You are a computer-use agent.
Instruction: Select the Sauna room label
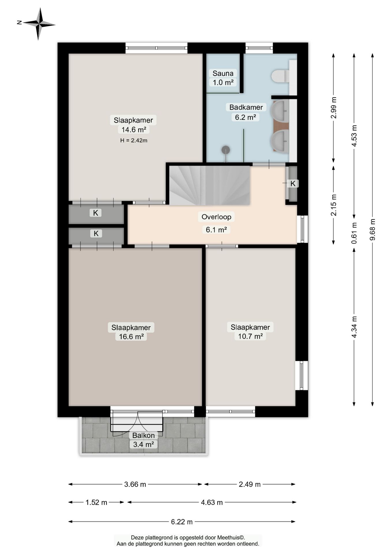point(223,73)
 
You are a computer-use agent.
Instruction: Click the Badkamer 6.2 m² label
point(246,112)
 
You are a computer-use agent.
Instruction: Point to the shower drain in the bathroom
point(225,150)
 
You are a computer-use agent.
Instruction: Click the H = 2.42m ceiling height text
point(134,141)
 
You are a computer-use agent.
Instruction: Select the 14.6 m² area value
point(134,130)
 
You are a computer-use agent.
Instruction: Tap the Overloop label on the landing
point(216,217)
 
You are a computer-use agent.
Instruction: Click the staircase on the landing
point(209,185)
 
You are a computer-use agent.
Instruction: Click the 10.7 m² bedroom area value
point(250,336)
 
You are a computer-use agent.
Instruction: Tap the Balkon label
point(143,435)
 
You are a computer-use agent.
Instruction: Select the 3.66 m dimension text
point(135,484)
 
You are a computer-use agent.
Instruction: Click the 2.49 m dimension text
point(250,484)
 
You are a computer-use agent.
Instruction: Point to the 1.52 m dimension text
point(96,502)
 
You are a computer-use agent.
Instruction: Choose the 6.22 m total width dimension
point(182,522)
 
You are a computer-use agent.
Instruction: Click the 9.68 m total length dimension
point(372,229)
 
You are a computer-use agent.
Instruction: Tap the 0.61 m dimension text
point(354,233)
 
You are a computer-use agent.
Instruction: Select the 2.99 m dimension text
point(334,108)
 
